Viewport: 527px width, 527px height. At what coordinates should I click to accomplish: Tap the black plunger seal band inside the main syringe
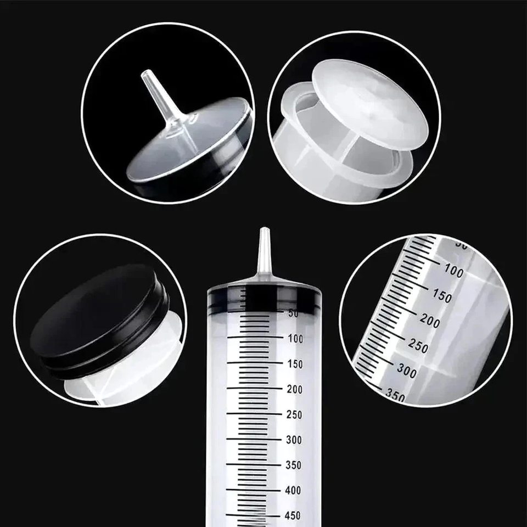[x=263, y=296]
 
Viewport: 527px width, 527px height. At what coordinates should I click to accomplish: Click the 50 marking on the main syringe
[x=293, y=313]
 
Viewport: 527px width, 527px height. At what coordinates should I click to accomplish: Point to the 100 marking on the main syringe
[x=295, y=339]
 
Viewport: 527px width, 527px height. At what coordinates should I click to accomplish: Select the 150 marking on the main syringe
[x=295, y=364]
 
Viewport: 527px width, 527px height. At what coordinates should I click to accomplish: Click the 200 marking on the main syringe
[x=295, y=389]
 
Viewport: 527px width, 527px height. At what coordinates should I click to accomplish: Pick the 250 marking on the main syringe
[x=295, y=414]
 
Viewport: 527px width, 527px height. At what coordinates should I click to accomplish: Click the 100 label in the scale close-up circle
[x=453, y=271]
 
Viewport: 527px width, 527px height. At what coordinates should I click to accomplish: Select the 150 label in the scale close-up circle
[x=442, y=296]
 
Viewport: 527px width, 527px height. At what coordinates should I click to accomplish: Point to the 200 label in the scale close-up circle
[x=430, y=322]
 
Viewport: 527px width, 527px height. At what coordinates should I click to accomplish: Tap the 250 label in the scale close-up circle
[x=418, y=346]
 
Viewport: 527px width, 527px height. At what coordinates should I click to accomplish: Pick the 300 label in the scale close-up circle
[x=406, y=371]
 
